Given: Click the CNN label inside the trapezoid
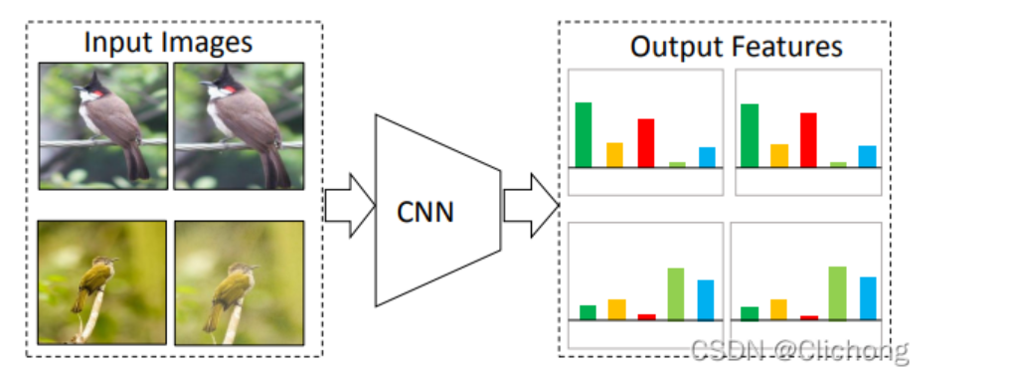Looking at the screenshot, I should (x=425, y=211).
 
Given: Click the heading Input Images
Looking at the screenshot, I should (x=167, y=43).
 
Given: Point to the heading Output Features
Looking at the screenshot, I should (x=736, y=47).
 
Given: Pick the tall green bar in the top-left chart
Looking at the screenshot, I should (x=584, y=134).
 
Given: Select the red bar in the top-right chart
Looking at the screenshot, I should (x=808, y=140).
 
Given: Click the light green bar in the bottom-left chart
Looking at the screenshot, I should (x=676, y=294).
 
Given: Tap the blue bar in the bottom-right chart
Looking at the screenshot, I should (x=868, y=298).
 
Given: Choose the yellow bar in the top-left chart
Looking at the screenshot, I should (x=614, y=155).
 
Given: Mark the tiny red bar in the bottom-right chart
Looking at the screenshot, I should (x=809, y=318).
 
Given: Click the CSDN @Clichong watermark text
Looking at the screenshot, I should (x=799, y=350).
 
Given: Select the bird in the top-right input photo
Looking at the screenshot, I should (x=239, y=119).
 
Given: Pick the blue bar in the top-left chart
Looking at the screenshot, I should (x=707, y=157).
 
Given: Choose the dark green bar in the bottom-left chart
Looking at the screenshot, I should (x=588, y=312).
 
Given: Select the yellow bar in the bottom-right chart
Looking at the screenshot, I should (x=778, y=309).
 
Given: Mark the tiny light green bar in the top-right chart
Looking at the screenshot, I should (x=838, y=164).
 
